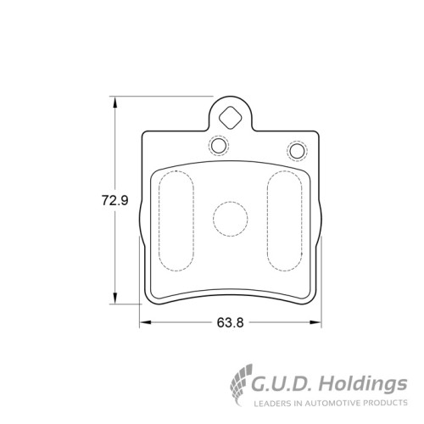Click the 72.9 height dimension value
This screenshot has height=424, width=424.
click(115, 200)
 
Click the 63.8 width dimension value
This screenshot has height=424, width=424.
click(230, 322)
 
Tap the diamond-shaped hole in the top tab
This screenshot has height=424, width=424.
click(231, 118)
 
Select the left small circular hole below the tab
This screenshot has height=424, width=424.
click(219, 146)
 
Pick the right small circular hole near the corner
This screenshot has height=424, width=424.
click(297, 151)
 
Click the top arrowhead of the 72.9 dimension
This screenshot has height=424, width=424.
click(114, 102)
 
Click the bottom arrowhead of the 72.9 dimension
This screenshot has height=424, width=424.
click(114, 298)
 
